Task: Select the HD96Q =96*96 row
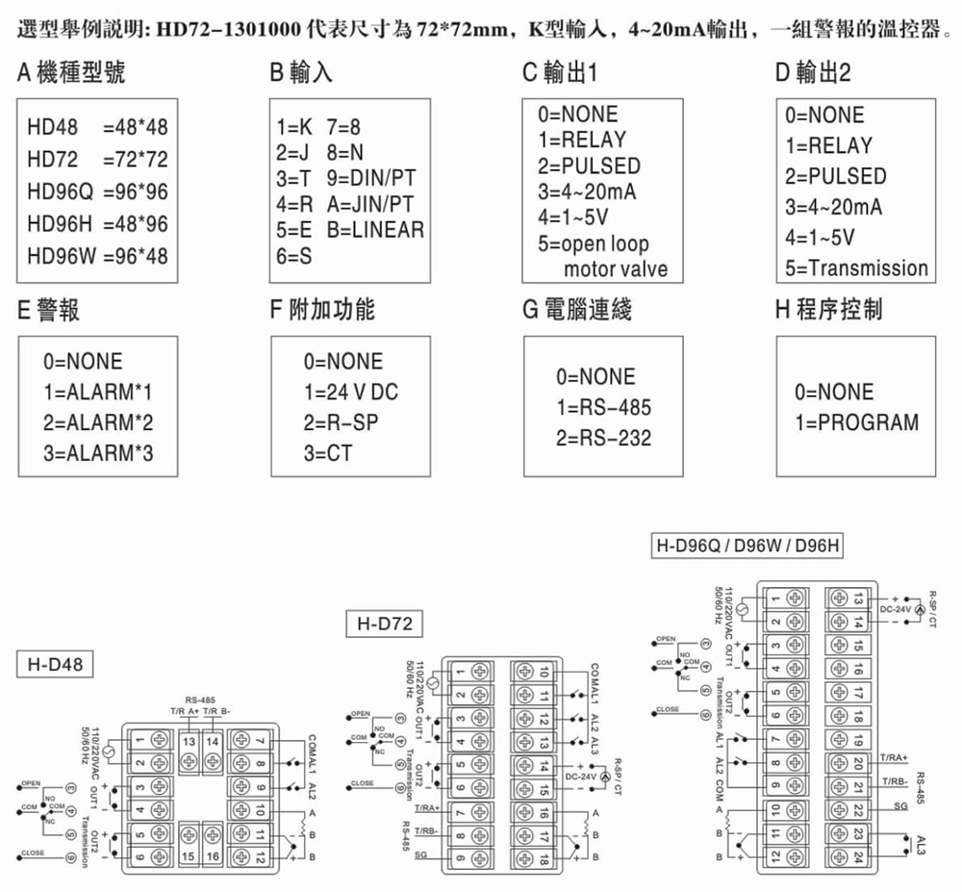[x=97, y=191]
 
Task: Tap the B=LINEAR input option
[x=375, y=230]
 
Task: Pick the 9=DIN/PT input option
[x=371, y=178]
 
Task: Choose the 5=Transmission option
[x=856, y=268]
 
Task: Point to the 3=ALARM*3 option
[x=97, y=452]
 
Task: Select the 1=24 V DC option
[x=350, y=392]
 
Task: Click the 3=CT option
[x=328, y=452]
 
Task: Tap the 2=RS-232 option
[x=604, y=438]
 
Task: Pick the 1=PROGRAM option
[x=856, y=422]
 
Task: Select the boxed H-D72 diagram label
[x=383, y=624]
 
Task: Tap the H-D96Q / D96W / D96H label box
[x=747, y=546]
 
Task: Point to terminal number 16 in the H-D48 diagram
[x=212, y=855]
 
